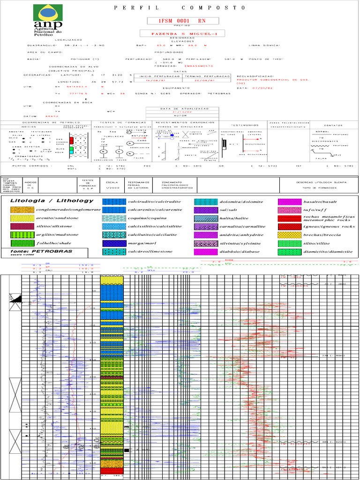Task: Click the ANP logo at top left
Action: coord(48,22)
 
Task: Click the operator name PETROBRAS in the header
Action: coord(219,94)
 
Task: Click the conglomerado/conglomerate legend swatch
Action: coord(22,210)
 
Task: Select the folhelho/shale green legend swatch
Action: coord(22,243)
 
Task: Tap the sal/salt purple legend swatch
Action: coord(205,210)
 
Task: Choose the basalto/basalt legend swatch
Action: coord(290,202)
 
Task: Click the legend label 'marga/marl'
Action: coord(140,243)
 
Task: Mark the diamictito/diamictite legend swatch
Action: coord(290,252)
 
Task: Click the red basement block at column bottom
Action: coord(112,471)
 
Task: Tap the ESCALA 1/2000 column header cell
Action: coord(112,184)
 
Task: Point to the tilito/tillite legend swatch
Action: coord(290,243)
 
